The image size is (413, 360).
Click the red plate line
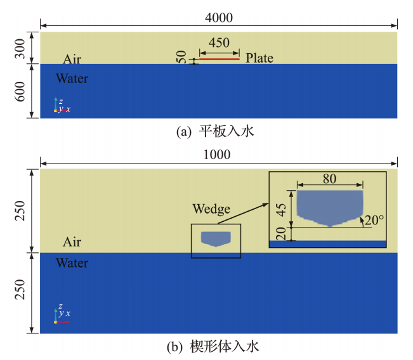[220, 59]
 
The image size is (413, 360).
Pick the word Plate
[259, 58]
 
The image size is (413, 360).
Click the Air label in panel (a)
[72, 60]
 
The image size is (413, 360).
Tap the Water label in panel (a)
[72, 79]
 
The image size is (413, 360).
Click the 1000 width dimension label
[219, 155]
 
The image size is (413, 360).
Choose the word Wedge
[212, 209]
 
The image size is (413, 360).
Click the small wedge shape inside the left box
[216, 238]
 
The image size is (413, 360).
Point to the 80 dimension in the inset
[329, 179]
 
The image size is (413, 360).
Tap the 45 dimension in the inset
[284, 209]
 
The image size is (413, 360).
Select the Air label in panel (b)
[72, 242]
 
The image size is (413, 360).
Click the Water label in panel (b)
[72, 262]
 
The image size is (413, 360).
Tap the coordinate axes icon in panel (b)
[61, 316]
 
